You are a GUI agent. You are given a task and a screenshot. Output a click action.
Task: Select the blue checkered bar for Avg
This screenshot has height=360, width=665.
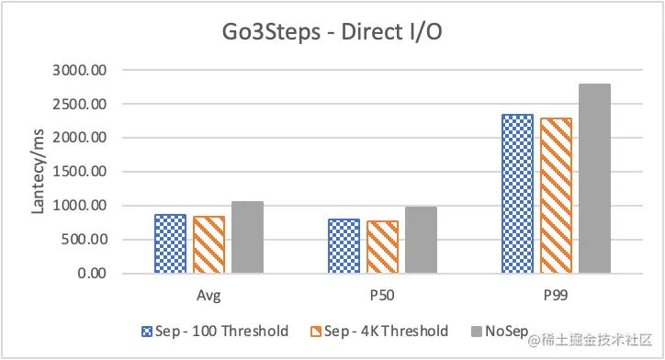point(170,243)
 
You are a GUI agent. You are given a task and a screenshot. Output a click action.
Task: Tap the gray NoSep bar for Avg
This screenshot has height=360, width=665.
point(247,237)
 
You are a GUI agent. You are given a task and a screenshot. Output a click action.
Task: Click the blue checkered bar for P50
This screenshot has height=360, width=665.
point(344,246)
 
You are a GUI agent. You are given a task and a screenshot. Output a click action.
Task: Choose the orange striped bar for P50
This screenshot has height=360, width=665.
point(382,247)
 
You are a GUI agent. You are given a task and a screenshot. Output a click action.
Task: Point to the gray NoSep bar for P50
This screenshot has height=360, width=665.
point(421,240)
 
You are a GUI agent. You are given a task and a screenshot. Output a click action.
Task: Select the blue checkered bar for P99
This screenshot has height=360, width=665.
point(517,194)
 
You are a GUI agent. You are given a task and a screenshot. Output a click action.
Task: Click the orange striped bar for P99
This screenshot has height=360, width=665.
point(556,196)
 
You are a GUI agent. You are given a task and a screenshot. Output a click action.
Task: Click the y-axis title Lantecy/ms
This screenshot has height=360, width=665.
point(39,173)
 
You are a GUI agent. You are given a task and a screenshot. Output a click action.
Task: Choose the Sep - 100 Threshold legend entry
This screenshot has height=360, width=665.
point(216,331)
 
